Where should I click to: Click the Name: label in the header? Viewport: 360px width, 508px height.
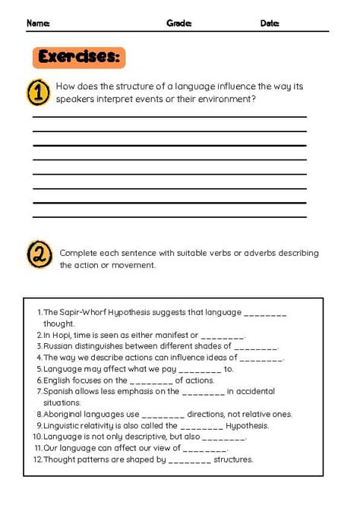(38, 24)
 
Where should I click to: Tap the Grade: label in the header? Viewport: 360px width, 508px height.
(179, 24)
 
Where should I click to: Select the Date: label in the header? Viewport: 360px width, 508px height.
(270, 24)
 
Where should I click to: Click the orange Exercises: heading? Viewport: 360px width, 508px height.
(79, 58)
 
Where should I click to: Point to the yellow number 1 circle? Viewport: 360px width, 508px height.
(38, 93)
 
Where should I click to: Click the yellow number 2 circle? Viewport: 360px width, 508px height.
(39, 254)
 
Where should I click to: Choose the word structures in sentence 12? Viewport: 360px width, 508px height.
(233, 460)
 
